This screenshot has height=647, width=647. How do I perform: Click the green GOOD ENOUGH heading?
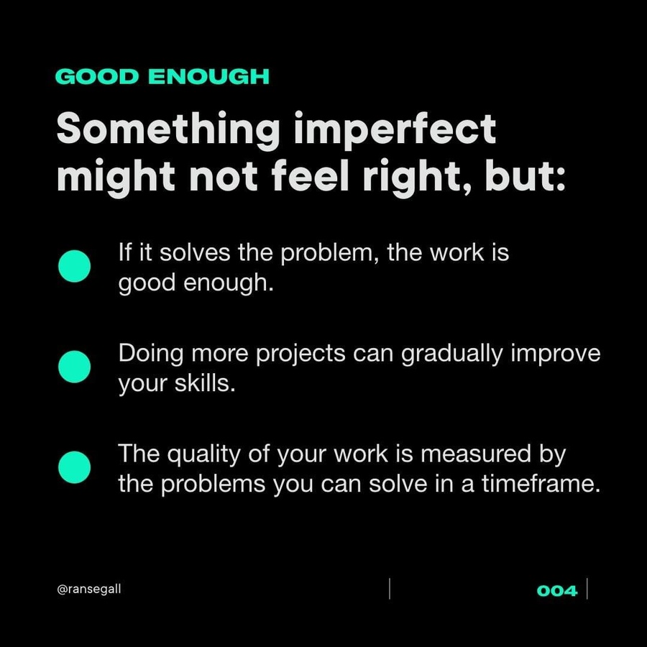click(x=162, y=76)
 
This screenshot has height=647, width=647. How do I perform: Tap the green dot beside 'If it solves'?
click(x=74, y=266)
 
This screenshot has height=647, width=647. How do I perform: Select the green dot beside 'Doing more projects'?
click(x=74, y=367)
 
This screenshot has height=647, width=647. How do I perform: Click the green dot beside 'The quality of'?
click(x=74, y=467)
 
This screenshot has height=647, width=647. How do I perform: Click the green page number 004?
click(x=557, y=591)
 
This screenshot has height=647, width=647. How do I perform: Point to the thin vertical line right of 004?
click(x=587, y=589)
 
